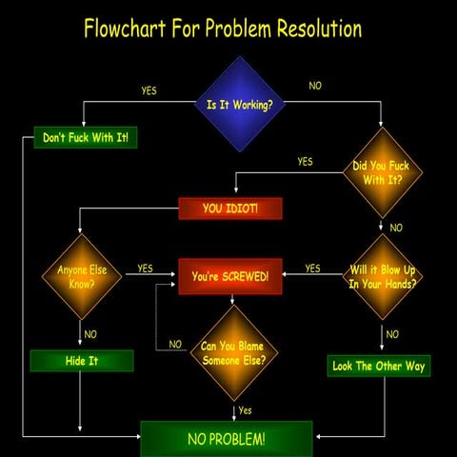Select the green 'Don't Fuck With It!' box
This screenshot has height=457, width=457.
(x=86, y=138)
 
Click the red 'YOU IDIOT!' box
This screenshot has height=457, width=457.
(x=230, y=208)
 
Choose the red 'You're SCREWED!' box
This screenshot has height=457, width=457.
(x=230, y=276)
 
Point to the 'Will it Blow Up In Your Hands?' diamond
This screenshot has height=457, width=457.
(x=383, y=276)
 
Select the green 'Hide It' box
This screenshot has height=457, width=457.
(x=81, y=361)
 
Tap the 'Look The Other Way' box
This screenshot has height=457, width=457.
(x=379, y=365)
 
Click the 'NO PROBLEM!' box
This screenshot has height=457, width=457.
(x=227, y=438)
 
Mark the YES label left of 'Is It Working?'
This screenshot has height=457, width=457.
(x=149, y=91)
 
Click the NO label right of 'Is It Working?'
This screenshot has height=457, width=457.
(x=315, y=86)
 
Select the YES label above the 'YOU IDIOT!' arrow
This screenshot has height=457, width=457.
(x=305, y=162)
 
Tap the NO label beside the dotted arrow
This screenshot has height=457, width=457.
(x=175, y=344)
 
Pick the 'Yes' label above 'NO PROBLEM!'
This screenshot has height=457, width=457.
(x=245, y=410)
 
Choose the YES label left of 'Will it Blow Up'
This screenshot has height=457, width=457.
(x=312, y=268)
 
